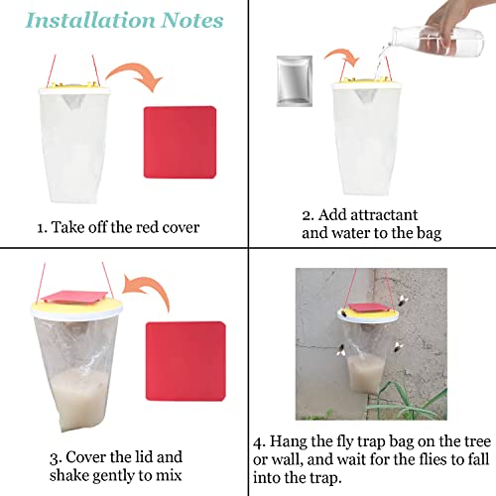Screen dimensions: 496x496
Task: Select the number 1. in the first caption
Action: coord(43,227)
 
